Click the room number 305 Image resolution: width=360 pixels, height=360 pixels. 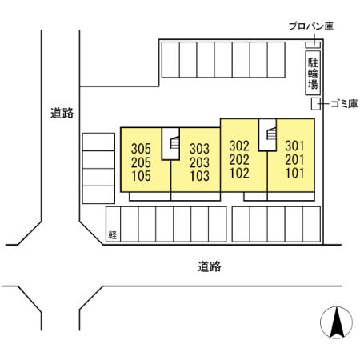[141, 148]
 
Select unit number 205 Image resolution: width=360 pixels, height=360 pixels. [141, 160]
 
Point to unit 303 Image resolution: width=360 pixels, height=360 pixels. [199, 148]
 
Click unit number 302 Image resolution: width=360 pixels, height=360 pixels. [239, 146]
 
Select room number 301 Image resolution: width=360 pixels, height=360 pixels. [295, 146]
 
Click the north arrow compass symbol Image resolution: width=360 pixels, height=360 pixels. [336, 322]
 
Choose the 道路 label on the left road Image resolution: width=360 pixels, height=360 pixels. [62, 114]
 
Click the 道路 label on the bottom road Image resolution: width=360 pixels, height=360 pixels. [209, 266]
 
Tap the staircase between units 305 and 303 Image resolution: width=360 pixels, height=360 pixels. [170, 144]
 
